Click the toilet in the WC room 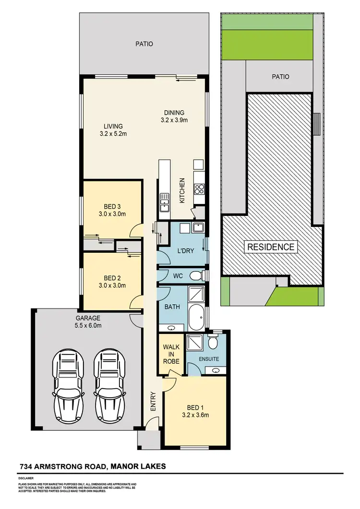[x=195, y=276]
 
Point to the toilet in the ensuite [x=213, y=342]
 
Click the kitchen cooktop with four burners [x=199, y=188]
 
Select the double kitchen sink [x=165, y=201]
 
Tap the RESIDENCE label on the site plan [x=271, y=247]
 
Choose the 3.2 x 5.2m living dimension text [x=113, y=134]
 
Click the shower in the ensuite [x=194, y=343]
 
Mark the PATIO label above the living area [x=144, y=44]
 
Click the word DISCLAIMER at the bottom [x=26, y=478]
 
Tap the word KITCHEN [x=182, y=190]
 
